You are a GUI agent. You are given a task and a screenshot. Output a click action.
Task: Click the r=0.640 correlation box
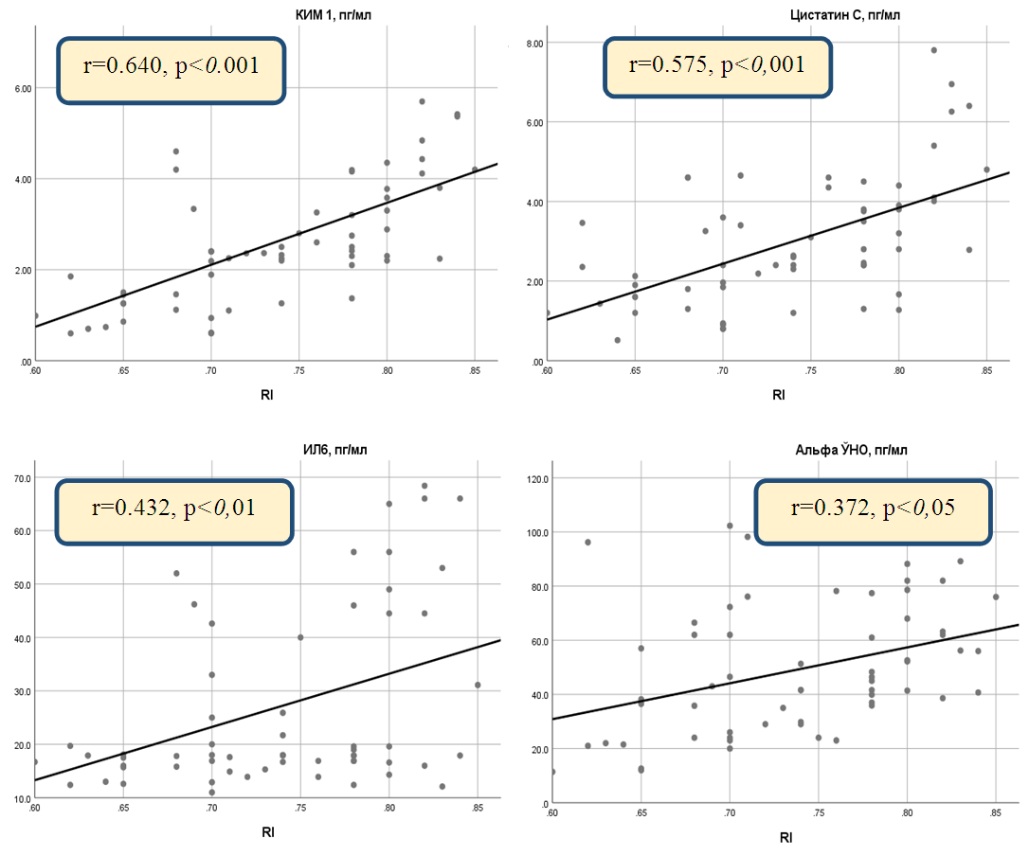point(171,70)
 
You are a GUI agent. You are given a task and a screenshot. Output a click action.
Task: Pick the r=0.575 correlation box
point(718,65)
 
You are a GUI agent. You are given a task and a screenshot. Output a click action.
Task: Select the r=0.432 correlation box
point(174,511)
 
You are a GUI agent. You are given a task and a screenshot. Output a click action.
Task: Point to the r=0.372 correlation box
point(873,509)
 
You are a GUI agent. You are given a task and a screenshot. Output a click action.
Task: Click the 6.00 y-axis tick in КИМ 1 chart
point(21,88)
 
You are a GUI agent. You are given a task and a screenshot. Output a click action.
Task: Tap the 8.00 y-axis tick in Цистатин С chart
point(533,44)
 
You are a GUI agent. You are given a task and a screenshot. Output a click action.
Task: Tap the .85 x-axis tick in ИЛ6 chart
point(477,808)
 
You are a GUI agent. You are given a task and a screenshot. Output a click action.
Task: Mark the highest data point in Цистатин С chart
point(933,50)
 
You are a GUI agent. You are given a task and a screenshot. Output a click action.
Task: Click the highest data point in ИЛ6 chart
point(424,486)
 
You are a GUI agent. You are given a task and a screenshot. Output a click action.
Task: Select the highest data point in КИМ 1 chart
point(422,101)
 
